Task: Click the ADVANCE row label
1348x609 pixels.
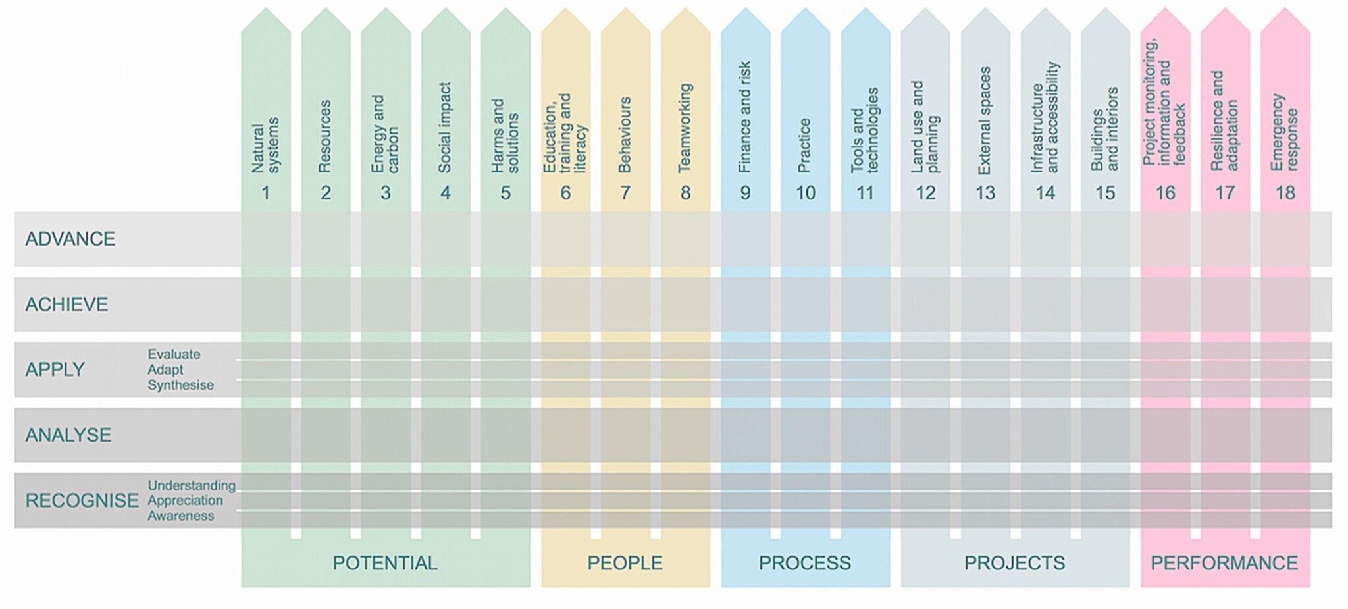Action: tap(70, 238)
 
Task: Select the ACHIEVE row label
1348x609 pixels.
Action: tap(66, 304)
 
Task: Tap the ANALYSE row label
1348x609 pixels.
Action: tap(68, 435)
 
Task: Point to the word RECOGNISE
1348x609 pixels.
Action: tap(82, 500)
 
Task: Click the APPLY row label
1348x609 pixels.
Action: tap(55, 369)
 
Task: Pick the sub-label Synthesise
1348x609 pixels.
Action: tap(180, 385)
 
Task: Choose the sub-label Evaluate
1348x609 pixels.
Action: tap(174, 354)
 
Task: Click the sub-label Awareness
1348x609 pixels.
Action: tap(180, 516)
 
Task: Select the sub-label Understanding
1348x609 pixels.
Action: tap(191, 485)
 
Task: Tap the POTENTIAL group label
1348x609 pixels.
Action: tap(384, 563)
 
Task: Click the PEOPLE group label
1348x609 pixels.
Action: tap(625, 563)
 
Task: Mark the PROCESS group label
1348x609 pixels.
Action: tap(804, 563)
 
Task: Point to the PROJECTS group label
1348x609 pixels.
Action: tap(1014, 563)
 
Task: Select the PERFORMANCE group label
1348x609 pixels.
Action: tap(1224, 563)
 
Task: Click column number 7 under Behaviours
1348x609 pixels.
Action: tap(625, 193)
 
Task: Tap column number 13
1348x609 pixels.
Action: tap(985, 193)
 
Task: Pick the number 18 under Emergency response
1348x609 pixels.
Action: tap(1285, 193)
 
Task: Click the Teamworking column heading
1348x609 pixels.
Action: tap(685, 128)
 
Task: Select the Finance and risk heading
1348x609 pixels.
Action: tap(745, 117)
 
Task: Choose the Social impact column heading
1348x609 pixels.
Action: tap(445, 128)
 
